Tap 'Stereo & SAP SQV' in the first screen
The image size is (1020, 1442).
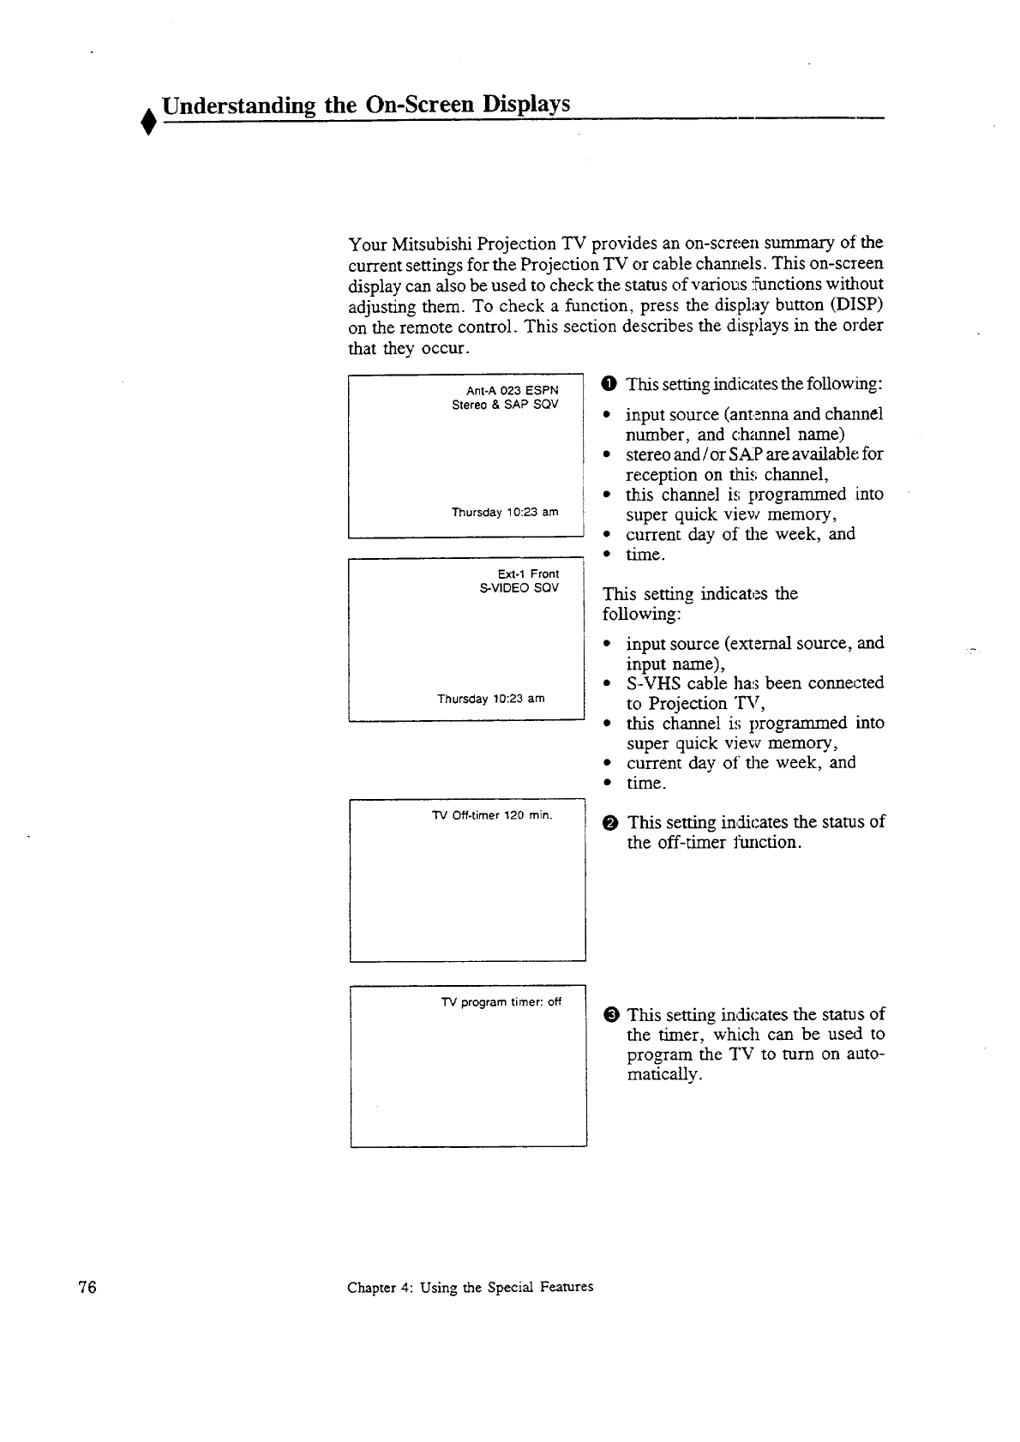(x=505, y=405)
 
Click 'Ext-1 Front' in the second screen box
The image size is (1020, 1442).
(x=528, y=574)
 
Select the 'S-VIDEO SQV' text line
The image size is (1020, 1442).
(x=519, y=588)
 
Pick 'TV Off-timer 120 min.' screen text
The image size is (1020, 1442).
(x=492, y=814)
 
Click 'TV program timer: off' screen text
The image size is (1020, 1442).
(x=501, y=1002)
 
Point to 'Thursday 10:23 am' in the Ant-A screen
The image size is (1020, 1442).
(x=505, y=513)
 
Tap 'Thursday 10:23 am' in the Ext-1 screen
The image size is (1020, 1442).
(x=491, y=699)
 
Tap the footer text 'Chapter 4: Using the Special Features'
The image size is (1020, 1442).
(x=470, y=1287)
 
